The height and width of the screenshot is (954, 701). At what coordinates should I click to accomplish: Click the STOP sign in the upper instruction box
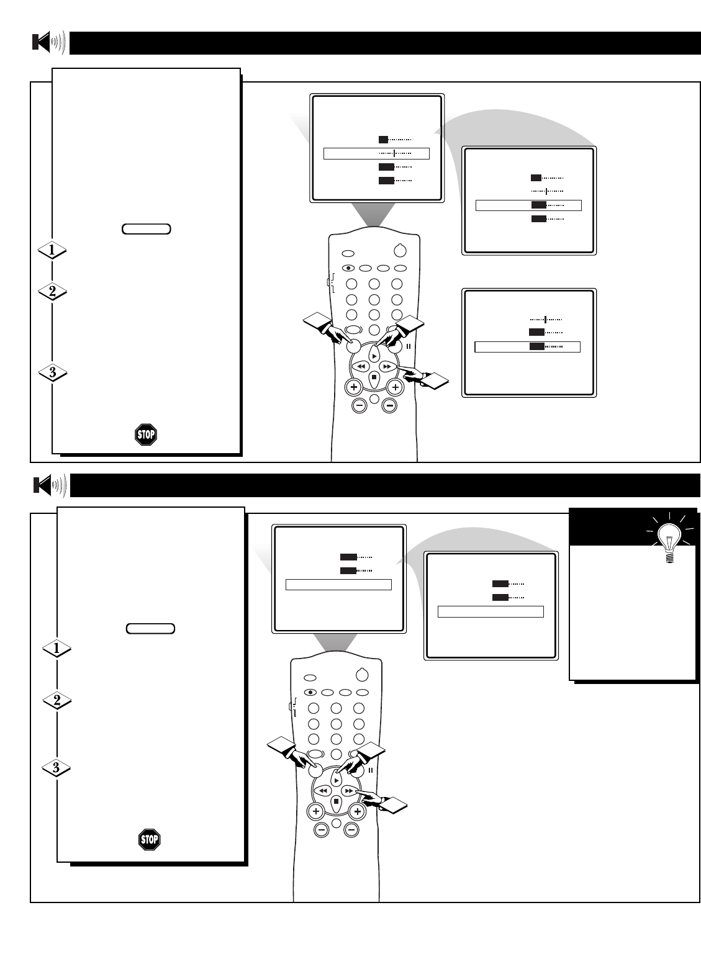tap(146, 434)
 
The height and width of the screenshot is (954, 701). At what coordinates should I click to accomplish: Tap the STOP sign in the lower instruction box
tap(149, 840)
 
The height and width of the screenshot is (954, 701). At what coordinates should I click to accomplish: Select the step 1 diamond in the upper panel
tap(52, 250)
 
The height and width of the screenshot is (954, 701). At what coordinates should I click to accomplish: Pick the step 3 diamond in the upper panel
tap(52, 372)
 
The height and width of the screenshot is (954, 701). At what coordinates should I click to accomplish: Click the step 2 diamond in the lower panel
tap(56, 701)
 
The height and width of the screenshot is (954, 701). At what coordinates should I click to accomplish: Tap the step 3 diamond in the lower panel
tap(56, 768)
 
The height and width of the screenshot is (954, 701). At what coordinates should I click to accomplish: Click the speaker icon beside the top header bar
tap(48, 43)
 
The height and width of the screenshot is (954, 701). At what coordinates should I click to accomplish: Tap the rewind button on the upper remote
tap(360, 367)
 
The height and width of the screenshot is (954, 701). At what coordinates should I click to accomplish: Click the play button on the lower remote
tap(336, 779)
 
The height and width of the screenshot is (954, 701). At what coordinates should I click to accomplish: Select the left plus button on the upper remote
tap(353, 387)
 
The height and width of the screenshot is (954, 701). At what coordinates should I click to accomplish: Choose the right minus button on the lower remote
tap(351, 829)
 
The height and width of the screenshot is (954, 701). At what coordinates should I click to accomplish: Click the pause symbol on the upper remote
tap(409, 346)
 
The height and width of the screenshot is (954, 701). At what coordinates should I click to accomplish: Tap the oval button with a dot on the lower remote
tap(309, 692)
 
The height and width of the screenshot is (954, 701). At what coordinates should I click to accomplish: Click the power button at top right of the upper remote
tap(400, 251)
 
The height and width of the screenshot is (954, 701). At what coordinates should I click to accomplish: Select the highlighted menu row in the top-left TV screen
tap(376, 153)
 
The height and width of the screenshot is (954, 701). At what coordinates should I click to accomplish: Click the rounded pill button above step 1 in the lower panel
tap(150, 629)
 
